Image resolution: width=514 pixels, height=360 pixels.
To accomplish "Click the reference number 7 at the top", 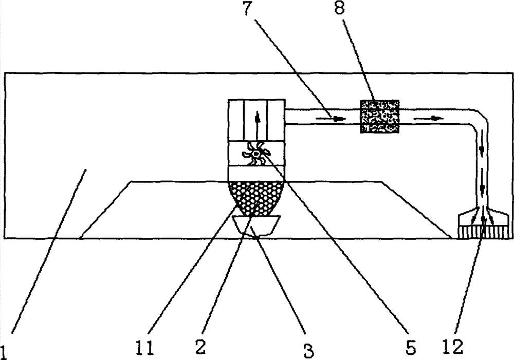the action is click(x=248, y=9).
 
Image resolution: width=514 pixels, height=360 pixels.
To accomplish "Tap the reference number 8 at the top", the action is click(x=340, y=8).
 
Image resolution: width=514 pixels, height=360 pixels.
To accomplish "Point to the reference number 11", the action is click(x=144, y=348).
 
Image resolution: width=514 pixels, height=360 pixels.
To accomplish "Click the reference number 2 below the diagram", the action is click(x=200, y=347).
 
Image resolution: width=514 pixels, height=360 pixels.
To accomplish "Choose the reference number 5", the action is click(x=411, y=348).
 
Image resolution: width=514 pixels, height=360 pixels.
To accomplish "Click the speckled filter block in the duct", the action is click(x=380, y=116).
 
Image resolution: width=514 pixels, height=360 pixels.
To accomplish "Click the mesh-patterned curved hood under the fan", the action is click(x=256, y=198).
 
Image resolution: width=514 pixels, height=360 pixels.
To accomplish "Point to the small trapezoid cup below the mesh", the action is click(x=256, y=225).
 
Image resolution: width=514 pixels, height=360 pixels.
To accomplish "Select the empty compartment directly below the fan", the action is click(x=256, y=173).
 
